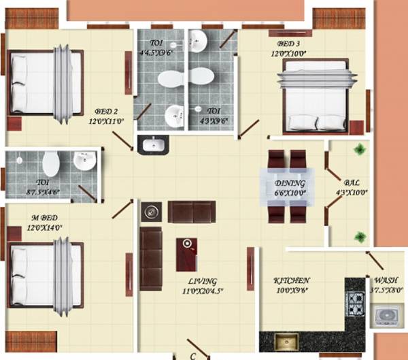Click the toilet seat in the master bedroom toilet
click(50, 164)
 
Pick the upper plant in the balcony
click(358, 150)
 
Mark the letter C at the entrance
click(192, 355)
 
